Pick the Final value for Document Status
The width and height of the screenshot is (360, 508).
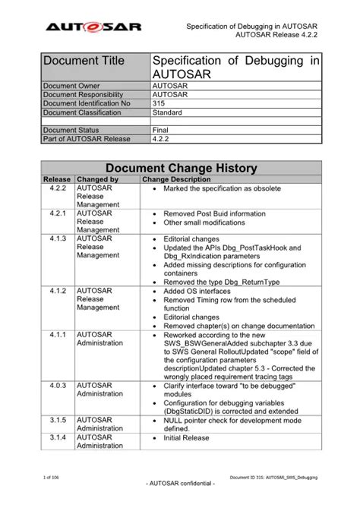[161, 130]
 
